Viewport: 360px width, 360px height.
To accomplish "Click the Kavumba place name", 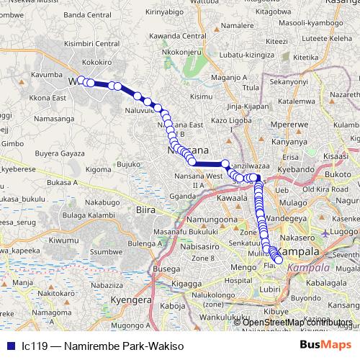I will tap(48, 73).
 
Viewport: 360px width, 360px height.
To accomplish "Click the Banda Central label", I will tap(85, 34).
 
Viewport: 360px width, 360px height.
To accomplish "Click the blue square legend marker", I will tap(11, 346).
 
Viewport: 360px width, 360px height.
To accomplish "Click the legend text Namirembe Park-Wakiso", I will tap(102, 346).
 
